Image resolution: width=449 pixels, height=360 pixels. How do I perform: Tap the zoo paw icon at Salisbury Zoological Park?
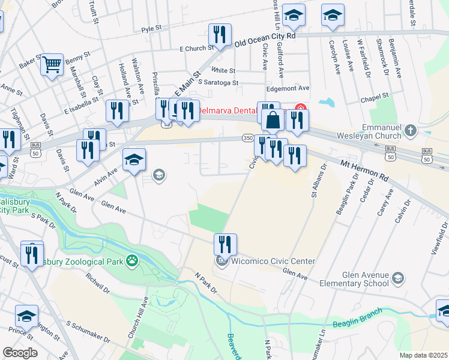click(x=131, y=261)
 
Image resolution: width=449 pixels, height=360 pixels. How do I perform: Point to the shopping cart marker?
click(x=52, y=63)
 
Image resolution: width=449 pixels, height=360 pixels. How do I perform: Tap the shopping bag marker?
click(x=273, y=120)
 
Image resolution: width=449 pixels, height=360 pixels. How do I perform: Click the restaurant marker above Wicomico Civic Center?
click(x=226, y=244)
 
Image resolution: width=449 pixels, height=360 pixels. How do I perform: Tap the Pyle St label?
click(x=152, y=28)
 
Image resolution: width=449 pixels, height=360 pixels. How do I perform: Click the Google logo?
click(x=20, y=353)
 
